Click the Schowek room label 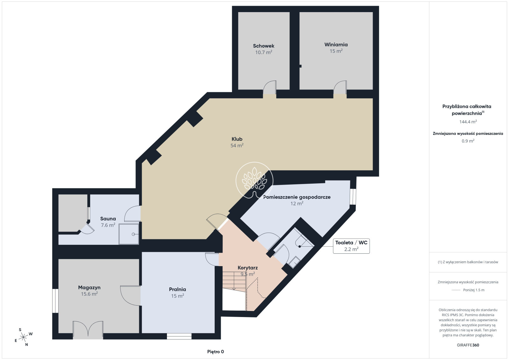tap(264, 46)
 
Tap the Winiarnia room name tap(336, 45)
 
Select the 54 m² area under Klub tap(237, 145)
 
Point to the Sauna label tap(108, 219)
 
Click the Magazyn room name tap(89, 287)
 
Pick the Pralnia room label tap(177, 289)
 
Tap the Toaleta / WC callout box tap(351, 246)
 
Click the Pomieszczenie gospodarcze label tap(297, 197)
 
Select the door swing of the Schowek tap(270, 88)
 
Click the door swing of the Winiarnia tap(340, 88)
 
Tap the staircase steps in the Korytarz tap(234, 281)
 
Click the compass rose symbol tap(23, 337)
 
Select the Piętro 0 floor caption tap(215, 352)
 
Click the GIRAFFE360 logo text tap(468, 345)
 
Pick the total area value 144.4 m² tap(468, 122)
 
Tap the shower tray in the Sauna tap(129, 234)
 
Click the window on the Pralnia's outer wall tap(179, 336)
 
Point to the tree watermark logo tap(254, 180)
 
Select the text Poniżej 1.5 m tap(474, 290)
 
